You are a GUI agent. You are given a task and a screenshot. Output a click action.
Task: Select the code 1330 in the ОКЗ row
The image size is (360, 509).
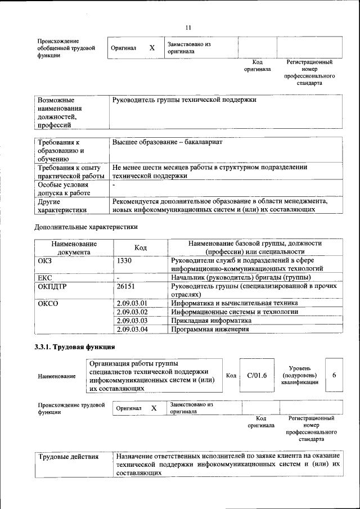[x=125, y=260]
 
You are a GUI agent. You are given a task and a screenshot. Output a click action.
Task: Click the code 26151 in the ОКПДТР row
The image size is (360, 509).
[x=127, y=286]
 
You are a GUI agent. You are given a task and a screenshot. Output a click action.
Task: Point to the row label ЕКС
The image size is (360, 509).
[x=45, y=277]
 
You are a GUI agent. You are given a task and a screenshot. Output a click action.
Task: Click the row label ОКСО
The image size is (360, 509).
[x=48, y=303]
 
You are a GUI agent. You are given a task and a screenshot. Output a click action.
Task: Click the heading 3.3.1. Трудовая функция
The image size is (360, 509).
[x=75, y=346]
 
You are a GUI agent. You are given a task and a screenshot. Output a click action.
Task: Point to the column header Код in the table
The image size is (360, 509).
[x=141, y=248]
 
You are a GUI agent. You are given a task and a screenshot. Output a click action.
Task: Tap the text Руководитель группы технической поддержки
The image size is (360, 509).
[x=184, y=100]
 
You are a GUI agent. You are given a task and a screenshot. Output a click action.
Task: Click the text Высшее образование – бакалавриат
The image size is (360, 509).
[x=168, y=142]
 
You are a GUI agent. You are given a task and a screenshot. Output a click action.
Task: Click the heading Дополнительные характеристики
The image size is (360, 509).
[x=86, y=227]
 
